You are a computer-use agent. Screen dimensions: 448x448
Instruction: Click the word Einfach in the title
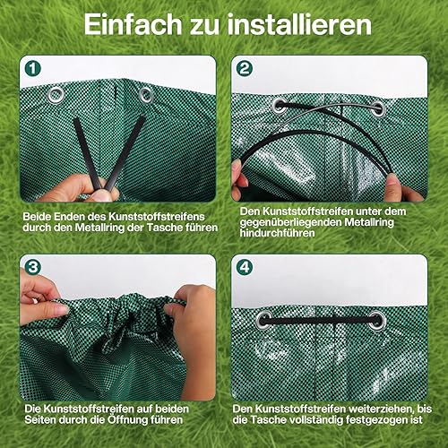coord(133,23)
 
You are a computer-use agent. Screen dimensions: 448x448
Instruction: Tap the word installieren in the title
coord(299,23)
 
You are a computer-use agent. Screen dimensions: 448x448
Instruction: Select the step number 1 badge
coord(32,69)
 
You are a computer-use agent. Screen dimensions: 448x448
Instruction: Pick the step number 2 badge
coord(245,69)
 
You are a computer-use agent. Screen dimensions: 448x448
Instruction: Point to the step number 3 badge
coord(32,267)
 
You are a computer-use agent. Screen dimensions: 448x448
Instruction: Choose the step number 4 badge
coord(245,267)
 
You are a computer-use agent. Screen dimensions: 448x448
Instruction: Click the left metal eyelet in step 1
coord(56,95)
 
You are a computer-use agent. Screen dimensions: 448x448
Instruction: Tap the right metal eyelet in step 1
coord(146,95)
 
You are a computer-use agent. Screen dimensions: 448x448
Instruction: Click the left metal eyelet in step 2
coord(280,106)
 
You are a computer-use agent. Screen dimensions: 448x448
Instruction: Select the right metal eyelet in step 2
coord(378,109)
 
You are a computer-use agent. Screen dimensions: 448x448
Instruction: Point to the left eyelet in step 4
coord(264,321)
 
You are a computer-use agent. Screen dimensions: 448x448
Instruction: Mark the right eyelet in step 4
coord(377,321)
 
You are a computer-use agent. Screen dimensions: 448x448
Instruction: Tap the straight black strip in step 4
coord(321,321)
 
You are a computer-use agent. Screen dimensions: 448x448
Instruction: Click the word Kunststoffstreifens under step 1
coord(157,217)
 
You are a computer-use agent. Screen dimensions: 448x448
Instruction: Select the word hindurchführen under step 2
coord(277,233)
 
